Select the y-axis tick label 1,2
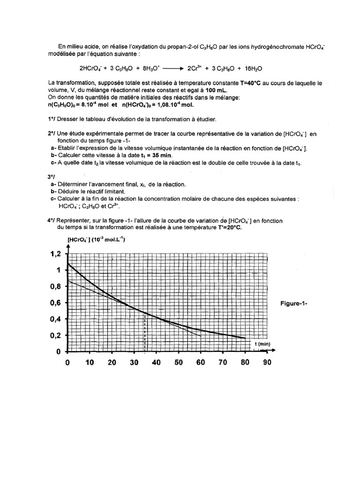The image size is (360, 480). (56, 254)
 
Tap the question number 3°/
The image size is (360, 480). (51, 177)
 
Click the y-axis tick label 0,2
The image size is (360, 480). (56, 336)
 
